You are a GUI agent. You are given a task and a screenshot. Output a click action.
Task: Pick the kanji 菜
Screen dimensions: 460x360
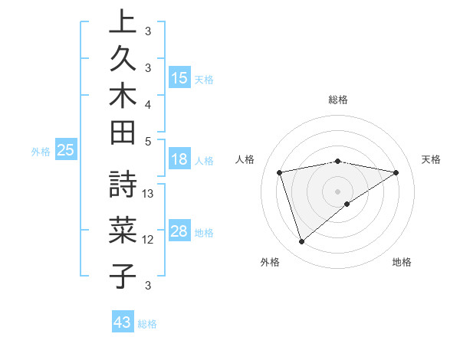click(x=123, y=230)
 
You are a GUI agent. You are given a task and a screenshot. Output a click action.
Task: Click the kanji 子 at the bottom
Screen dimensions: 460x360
click(x=123, y=274)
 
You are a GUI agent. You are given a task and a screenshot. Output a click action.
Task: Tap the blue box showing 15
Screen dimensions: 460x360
click(x=179, y=78)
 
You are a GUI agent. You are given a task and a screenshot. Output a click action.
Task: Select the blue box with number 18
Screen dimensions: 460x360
click(x=179, y=160)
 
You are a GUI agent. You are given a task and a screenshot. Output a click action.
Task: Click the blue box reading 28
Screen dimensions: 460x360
click(x=179, y=232)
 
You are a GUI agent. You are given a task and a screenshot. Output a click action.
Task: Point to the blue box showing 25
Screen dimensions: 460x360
click(x=66, y=151)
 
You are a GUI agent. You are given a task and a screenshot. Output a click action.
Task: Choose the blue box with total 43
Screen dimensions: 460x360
click(x=123, y=322)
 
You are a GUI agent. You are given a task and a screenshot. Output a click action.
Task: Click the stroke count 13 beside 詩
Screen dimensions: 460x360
click(x=149, y=194)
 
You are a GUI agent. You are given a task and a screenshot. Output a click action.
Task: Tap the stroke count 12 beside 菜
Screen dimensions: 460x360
click(x=149, y=240)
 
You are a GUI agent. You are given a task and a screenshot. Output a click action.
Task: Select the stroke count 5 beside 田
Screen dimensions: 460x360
click(x=148, y=141)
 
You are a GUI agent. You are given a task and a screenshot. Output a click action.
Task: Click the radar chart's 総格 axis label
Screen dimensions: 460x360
click(x=338, y=100)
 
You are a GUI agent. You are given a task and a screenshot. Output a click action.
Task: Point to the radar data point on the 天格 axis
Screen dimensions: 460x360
click(x=396, y=172)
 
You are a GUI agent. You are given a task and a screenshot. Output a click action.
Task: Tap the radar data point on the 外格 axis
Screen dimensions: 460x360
click(x=301, y=242)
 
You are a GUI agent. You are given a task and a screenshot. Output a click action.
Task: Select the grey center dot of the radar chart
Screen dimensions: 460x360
click(x=338, y=191)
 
